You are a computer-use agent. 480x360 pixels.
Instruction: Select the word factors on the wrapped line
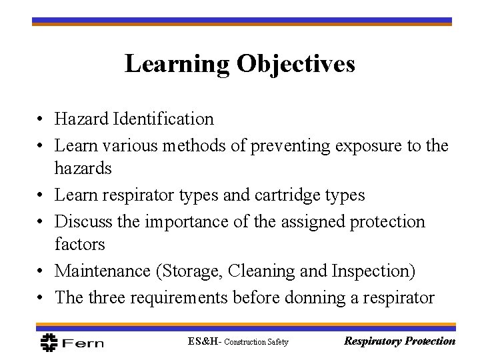pos(80,244)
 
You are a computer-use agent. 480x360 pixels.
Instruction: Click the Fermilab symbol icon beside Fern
pos(49,342)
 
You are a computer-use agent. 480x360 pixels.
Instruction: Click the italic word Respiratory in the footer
pos(371,341)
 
